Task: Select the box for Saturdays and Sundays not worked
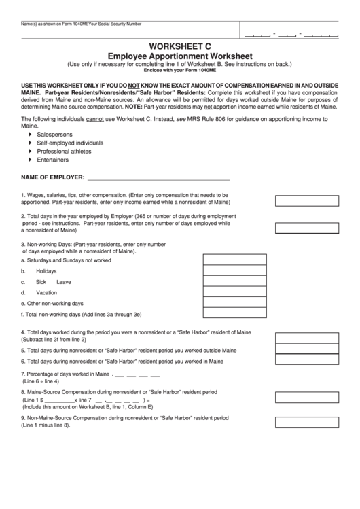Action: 231,259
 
